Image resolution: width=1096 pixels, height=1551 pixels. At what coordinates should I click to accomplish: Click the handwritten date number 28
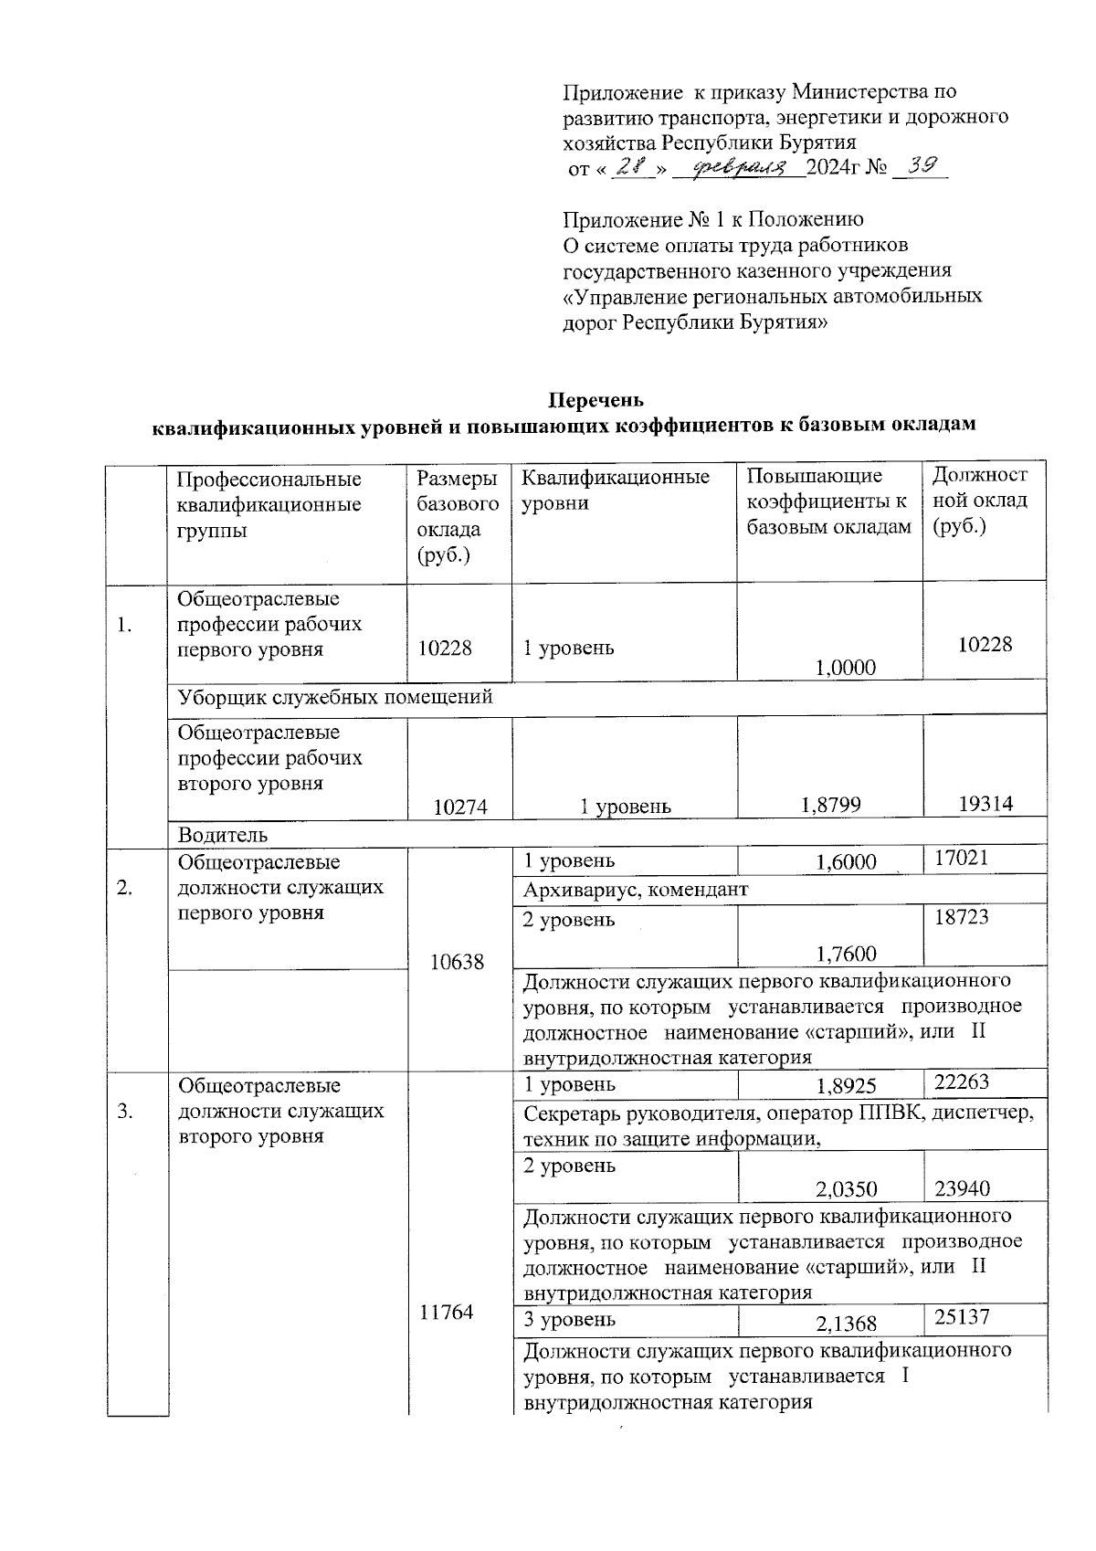tap(629, 168)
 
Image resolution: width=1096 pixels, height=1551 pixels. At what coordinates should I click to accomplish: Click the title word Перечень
tap(595, 400)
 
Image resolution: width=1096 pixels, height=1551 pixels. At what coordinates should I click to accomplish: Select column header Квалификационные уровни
tap(615, 490)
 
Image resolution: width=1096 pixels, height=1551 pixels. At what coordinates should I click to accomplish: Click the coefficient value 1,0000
tap(845, 668)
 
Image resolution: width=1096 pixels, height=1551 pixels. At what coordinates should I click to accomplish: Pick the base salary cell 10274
tap(460, 807)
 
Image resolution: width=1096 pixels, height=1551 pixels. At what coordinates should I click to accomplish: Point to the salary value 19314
tap(985, 804)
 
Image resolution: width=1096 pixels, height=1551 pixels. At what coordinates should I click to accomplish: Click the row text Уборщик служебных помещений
tap(335, 697)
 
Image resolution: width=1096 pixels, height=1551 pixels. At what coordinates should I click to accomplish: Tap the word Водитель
tap(223, 834)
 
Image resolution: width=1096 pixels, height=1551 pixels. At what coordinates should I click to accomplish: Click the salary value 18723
tap(961, 917)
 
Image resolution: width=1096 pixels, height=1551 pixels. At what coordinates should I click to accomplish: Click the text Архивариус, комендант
tap(635, 890)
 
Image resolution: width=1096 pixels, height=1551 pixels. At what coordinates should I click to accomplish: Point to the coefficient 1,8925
tap(845, 1086)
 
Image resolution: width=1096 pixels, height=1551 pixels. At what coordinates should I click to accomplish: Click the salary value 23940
tap(963, 1188)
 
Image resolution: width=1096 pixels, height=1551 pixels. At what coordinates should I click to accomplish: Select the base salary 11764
tap(447, 1313)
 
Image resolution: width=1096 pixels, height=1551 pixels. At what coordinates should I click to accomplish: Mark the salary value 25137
tap(962, 1317)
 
